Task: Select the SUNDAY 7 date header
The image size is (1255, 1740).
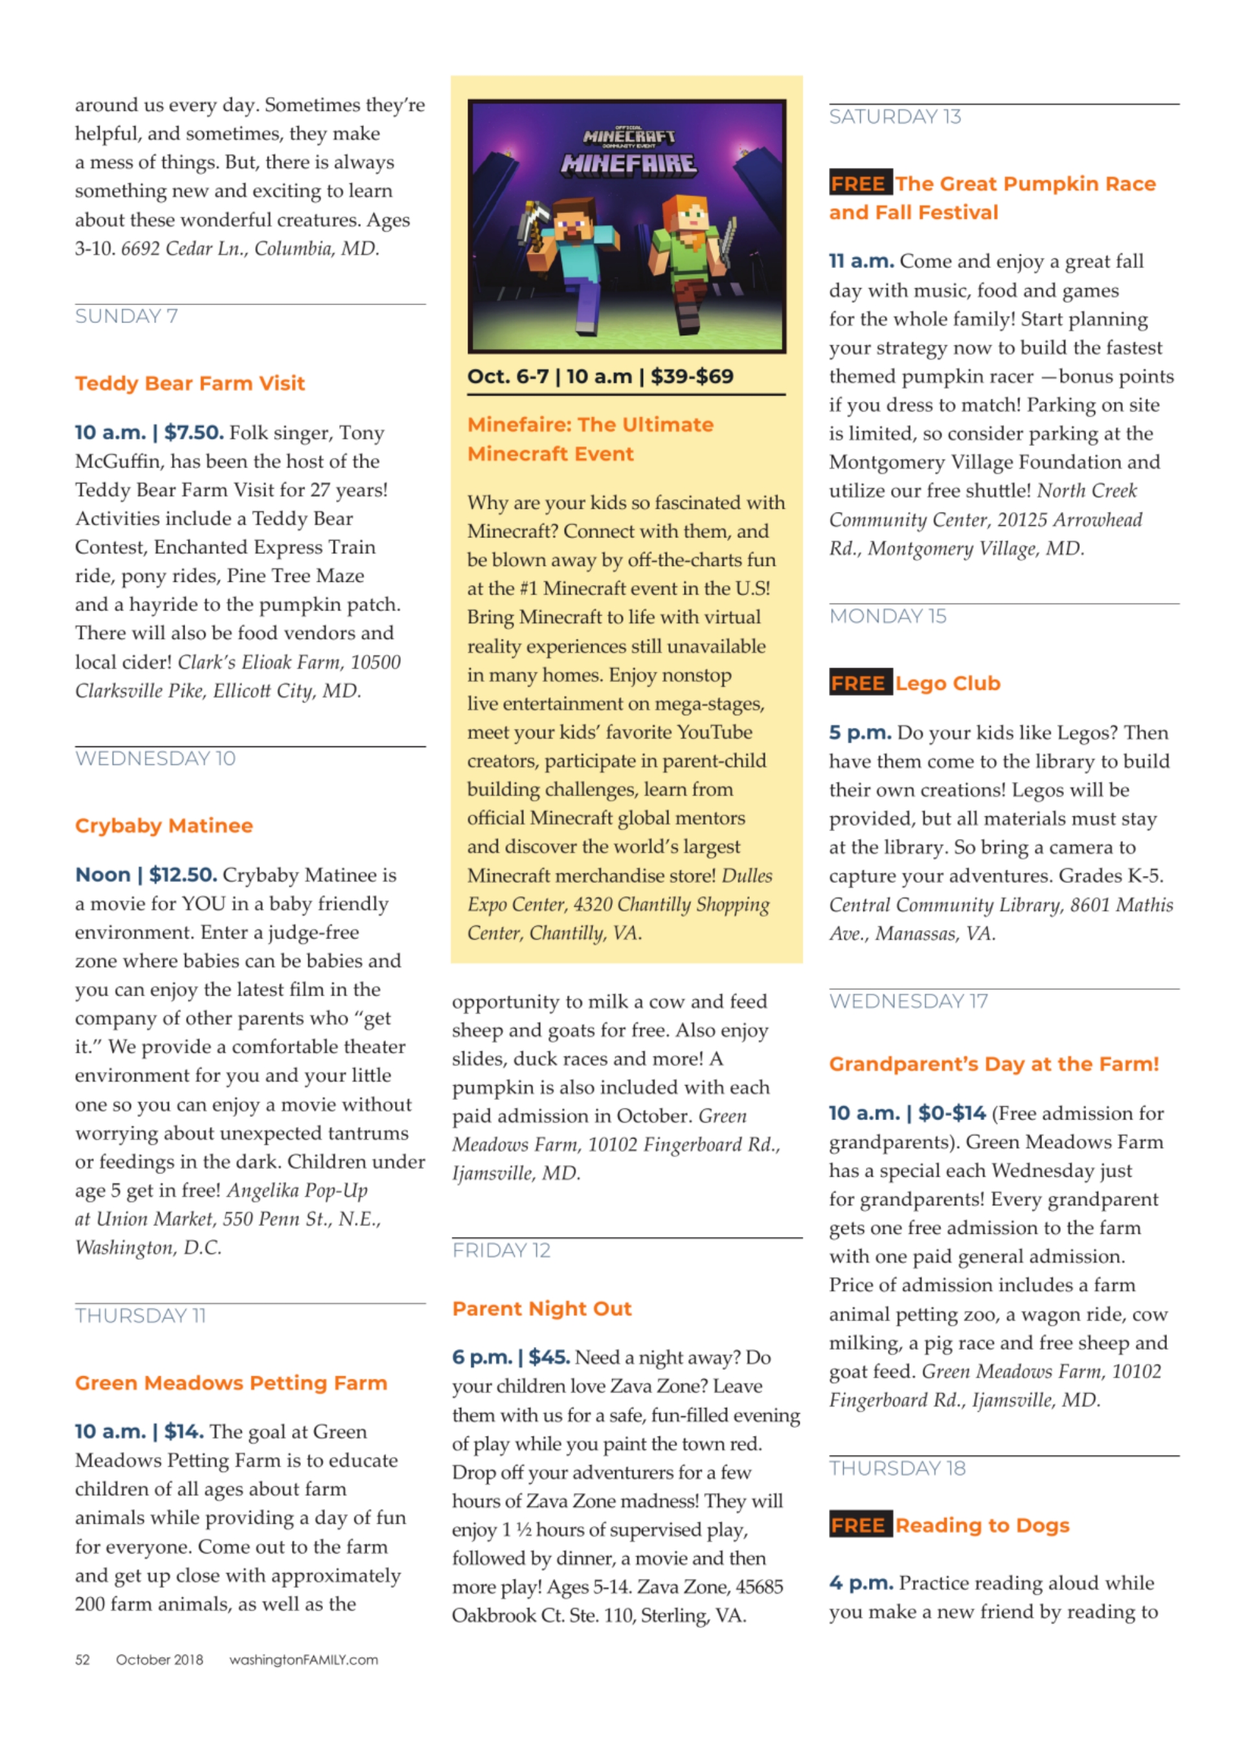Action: click(126, 316)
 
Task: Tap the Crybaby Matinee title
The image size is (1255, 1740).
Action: click(163, 825)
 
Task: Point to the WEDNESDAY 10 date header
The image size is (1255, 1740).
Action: click(155, 758)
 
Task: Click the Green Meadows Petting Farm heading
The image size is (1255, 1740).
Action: click(231, 1383)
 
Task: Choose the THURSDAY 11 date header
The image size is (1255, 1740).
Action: click(141, 1316)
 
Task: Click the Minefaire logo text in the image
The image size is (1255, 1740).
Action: click(629, 163)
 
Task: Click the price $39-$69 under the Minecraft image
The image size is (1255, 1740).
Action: click(692, 377)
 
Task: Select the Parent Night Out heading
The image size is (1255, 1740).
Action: click(541, 1308)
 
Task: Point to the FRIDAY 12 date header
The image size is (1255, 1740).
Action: click(501, 1251)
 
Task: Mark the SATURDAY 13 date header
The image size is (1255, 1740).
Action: click(895, 117)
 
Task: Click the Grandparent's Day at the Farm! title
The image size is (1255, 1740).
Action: click(993, 1064)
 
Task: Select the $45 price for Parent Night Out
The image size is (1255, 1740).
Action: click(548, 1357)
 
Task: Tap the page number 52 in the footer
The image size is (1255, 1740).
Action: click(83, 1660)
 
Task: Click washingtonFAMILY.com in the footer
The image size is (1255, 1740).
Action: click(303, 1660)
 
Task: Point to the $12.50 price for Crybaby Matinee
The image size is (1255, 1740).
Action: click(183, 875)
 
